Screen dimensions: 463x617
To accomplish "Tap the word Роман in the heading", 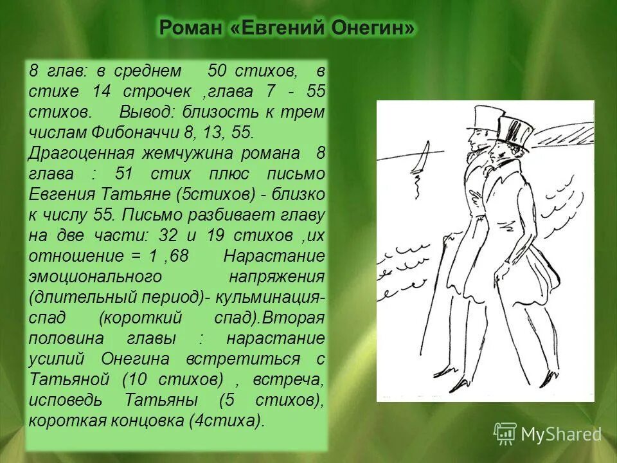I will [x=191, y=28].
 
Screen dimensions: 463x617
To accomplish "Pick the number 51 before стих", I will [x=127, y=174].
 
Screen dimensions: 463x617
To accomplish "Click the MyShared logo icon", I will [x=505, y=433].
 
